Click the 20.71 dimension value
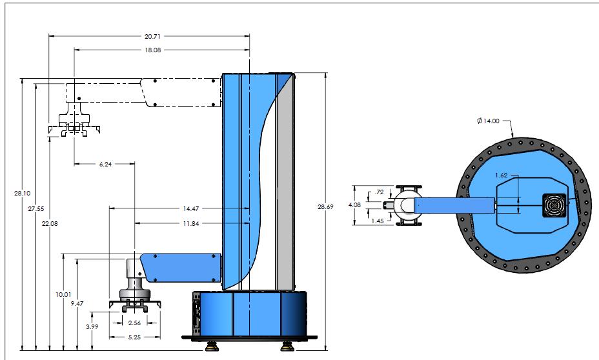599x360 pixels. pos(153,36)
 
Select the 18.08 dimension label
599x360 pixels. pos(153,48)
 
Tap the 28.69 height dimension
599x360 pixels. pos(325,206)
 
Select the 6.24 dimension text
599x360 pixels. pos(105,165)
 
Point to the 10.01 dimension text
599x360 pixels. pos(63,294)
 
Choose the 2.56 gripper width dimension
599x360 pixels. pos(134,323)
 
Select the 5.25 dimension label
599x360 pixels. pos(134,336)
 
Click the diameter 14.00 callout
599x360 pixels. pos(491,121)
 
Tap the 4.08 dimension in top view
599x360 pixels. pos(355,205)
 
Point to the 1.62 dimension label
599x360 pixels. pos(502,175)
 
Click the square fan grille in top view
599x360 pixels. pos(554,206)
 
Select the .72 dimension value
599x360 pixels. pos(380,192)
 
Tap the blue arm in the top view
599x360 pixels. pos(456,205)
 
